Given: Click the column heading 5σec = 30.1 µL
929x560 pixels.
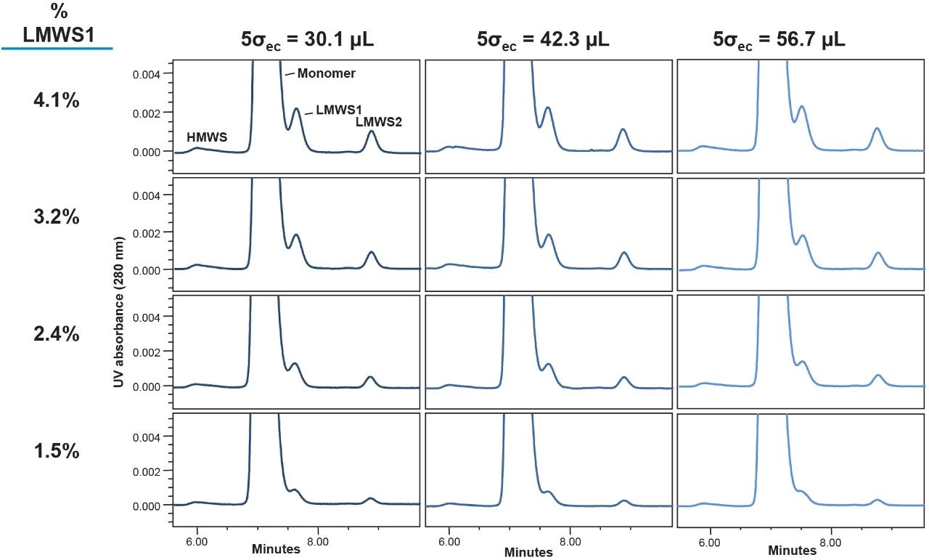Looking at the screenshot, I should pos(308,41).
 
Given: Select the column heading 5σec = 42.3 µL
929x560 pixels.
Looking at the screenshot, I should pos(544,41).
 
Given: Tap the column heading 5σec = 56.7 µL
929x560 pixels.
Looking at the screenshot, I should pos(779,41).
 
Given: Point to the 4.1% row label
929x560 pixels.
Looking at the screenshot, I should pos(56,101).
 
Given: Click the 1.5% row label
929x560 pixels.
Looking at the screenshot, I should pos(56,451).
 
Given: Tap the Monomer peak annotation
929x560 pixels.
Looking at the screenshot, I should pos(326,73).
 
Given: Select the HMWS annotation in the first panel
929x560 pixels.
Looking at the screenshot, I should pos(207,137).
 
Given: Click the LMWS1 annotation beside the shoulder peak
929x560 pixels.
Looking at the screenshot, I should pos(339,110).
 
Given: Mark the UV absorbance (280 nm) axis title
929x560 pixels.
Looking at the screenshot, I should pos(119,309).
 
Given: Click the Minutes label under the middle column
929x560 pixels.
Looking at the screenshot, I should pos(528,553).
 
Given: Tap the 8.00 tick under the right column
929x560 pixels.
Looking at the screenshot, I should pos(830,542).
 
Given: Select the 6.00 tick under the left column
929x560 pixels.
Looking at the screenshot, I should pos(197,542).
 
